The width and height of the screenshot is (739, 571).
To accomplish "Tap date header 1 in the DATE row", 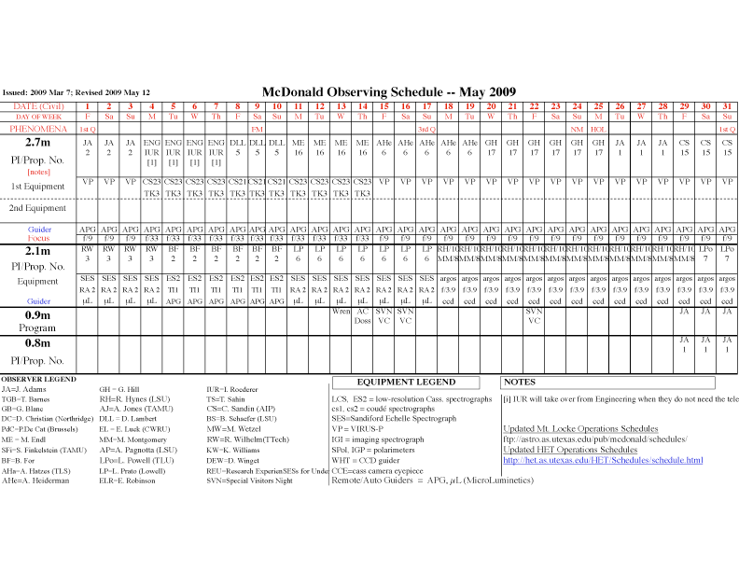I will (88, 106).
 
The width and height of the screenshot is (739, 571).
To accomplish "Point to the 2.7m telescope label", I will (37, 142).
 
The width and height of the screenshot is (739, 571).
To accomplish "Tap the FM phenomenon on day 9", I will (258, 129).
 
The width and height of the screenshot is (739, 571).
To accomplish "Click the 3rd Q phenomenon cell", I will (426, 129).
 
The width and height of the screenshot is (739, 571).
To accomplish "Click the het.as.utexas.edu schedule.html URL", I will (603, 460).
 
